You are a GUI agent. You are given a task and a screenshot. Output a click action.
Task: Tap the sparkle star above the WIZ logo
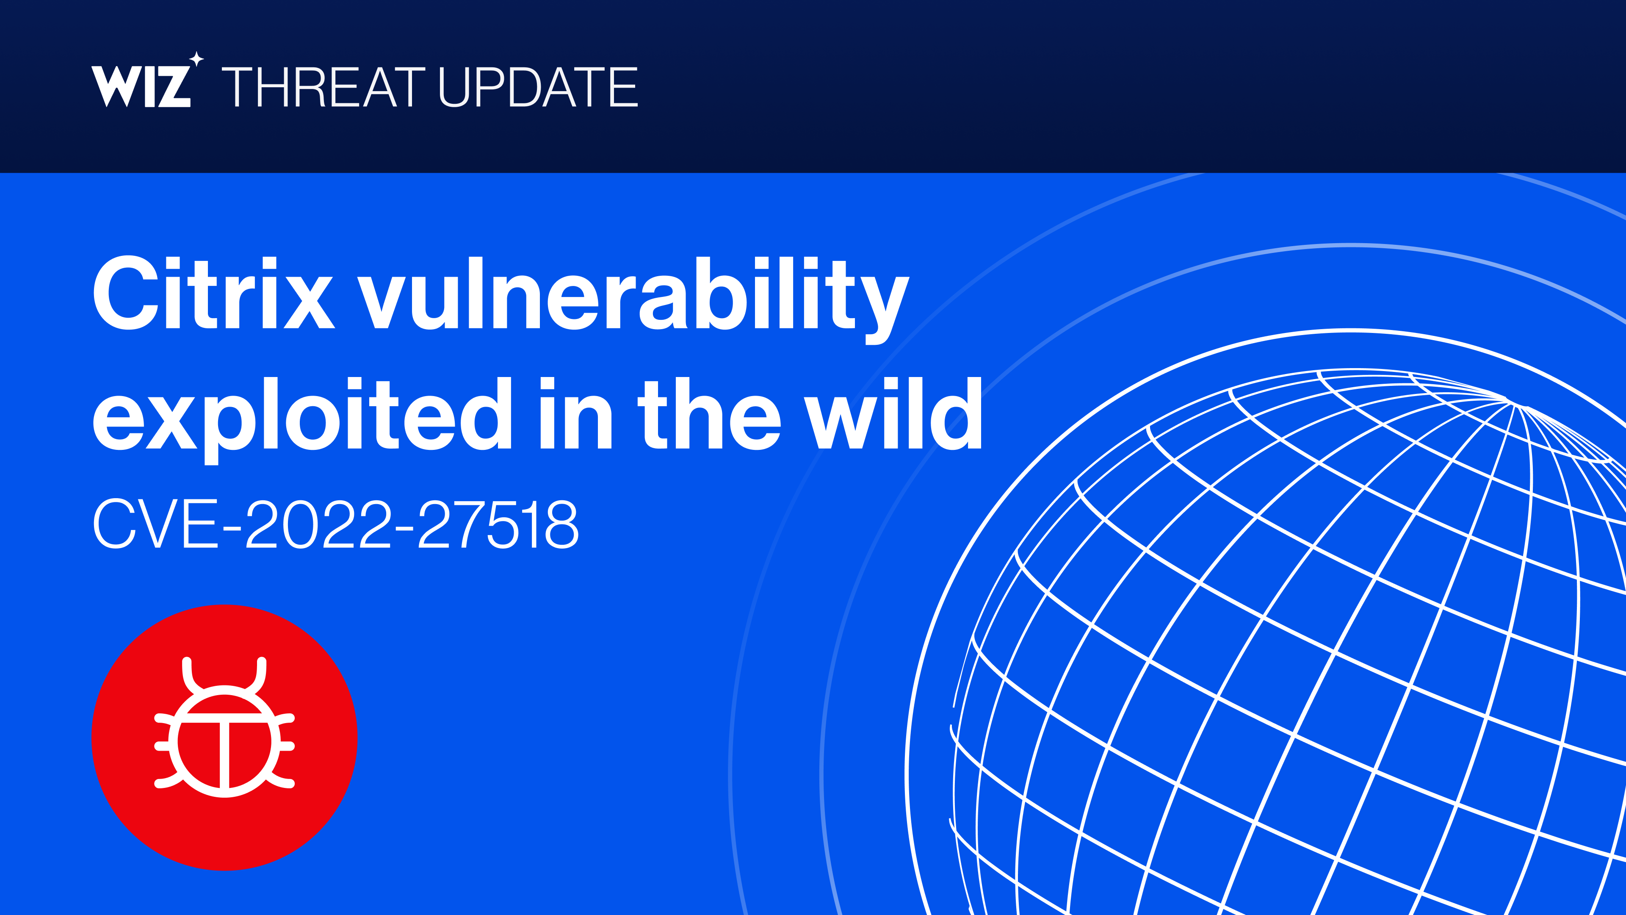(x=196, y=59)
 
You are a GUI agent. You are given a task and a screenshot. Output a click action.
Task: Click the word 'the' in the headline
(x=709, y=413)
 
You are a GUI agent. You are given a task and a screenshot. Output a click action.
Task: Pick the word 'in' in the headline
(x=576, y=413)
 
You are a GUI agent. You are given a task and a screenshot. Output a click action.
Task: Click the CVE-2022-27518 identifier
(x=335, y=524)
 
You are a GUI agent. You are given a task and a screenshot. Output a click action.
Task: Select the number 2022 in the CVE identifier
(x=319, y=524)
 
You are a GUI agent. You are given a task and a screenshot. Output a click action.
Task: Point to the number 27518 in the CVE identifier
(x=498, y=524)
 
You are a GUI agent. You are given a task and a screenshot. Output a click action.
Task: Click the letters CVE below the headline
(x=156, y=524)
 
